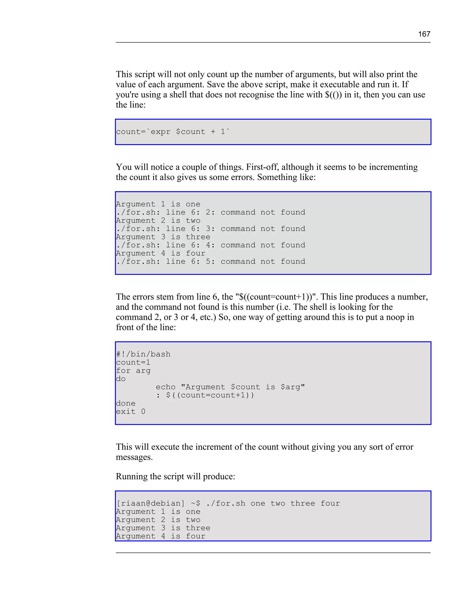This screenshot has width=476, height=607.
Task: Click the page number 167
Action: point(424,34)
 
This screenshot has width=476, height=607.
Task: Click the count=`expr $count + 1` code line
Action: point(173,132)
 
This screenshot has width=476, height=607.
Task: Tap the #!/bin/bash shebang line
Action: point(143,354)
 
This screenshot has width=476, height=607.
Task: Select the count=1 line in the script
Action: point(133,363)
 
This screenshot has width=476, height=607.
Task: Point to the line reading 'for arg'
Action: point(133,371)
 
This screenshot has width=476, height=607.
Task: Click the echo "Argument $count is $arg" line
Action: point(230,387)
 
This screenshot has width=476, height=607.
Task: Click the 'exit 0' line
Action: point(130,412)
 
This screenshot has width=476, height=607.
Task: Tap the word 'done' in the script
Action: point(126,403)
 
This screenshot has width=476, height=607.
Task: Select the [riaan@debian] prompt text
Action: point(150,503)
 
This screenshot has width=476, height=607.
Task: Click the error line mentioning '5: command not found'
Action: point(211,261)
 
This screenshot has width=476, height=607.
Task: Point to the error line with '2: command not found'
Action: point(211,212)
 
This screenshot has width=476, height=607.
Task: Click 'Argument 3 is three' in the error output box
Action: point(163,237)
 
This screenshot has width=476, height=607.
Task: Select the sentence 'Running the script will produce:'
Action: point(175,476)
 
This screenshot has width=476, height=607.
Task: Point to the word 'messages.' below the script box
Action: point(134,457)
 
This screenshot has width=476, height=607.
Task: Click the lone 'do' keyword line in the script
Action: point(121,379)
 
